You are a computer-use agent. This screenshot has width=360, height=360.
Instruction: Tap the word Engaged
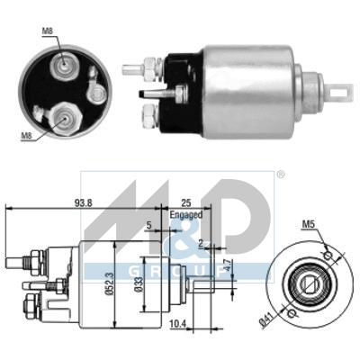(186, 216)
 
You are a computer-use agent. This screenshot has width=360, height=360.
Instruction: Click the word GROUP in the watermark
(180, 269)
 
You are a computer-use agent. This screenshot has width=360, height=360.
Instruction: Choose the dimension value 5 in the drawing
(148, 226)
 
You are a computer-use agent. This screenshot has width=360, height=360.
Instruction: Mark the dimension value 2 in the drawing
(202, 243)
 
